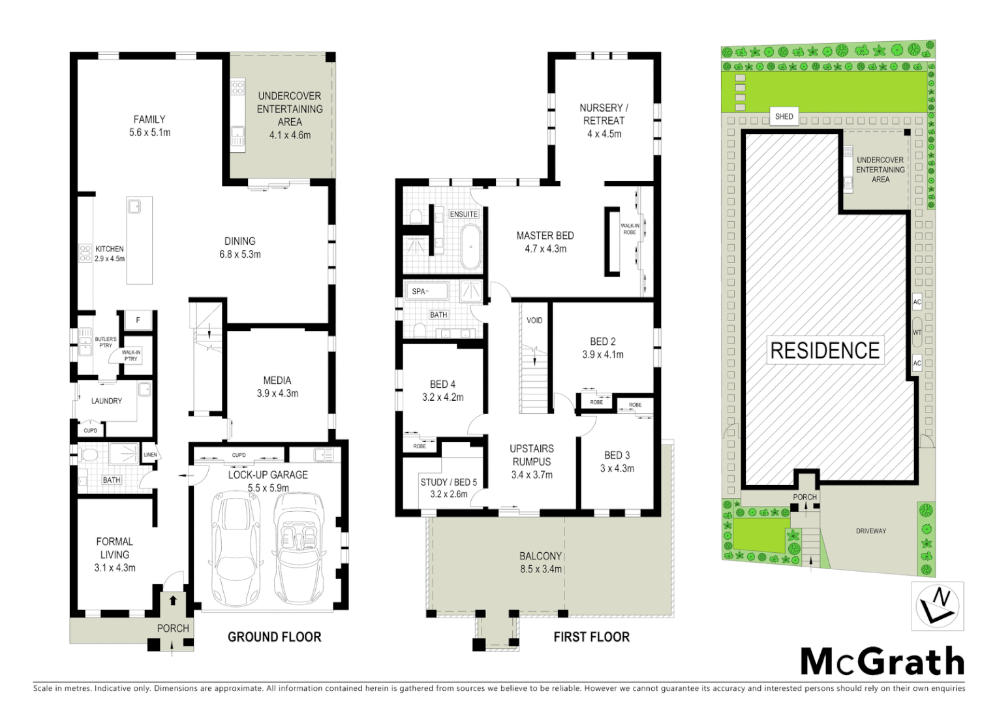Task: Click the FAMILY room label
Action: click(149, 119)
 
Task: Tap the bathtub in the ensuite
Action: click(470, 247)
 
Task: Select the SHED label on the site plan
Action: click(784, 117)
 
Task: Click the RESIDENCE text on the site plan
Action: click(825, 351)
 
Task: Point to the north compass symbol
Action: click(936, 606)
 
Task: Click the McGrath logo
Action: click(882, 661)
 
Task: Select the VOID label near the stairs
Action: click(534, 321)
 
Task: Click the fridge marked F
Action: click(138, 321)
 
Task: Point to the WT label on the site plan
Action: click(917, 332)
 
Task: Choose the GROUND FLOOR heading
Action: click(274, 636)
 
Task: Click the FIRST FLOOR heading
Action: click(591, 636)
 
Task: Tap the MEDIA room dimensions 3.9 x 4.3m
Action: click(277, 394)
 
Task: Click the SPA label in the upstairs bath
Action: click(418, 292)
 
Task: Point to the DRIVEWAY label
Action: click(871, 531)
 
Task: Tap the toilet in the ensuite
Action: click(416, 216)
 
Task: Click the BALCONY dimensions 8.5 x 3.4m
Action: click(540, 569)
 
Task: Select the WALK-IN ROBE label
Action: click(629, 228)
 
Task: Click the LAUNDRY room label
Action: click(106, 401)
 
